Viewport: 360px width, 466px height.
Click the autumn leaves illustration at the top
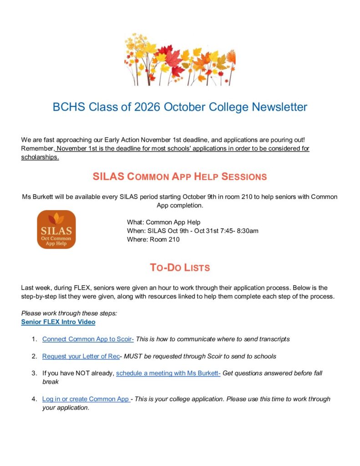tap(180, 59)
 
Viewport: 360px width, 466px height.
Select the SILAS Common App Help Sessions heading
tap(180, 177)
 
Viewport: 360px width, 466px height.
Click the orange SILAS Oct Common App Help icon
tap(56, 229)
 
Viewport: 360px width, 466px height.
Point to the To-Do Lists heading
tap(180, 268)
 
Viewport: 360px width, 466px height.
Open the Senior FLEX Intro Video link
tap(58, 322)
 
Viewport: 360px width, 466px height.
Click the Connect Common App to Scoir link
tap(88, 339)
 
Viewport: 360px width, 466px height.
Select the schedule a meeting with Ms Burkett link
tap(168, 373)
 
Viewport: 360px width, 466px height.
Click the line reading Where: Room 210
tap(153, 239)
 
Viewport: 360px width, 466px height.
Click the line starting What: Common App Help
tap(164, 222)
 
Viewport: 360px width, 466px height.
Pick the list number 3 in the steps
tap(34, 373)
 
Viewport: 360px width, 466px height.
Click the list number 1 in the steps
tap(34, 339)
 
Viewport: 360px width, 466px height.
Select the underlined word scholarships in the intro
tap(40, 157)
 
